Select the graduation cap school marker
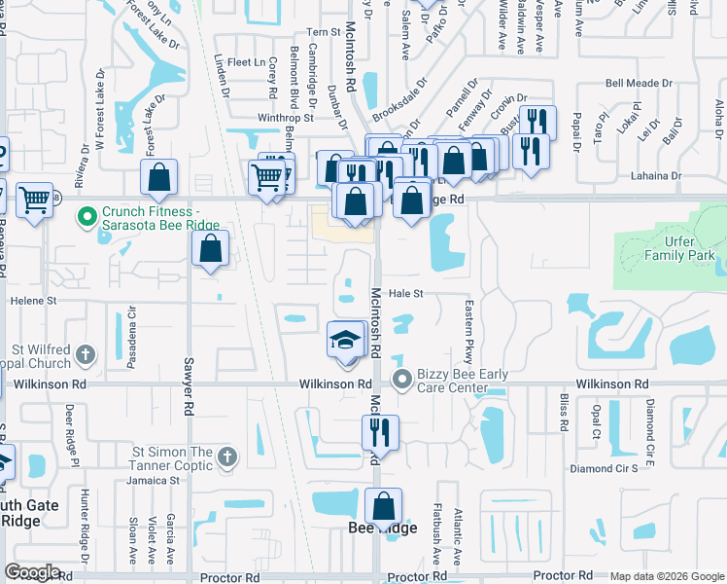(x=344, y=341)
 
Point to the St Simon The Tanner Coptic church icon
(x=226, y=456)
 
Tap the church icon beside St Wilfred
(x=85, y=354)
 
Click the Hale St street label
(x=407, y=293)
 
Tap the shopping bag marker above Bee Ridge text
(x=384, y=507)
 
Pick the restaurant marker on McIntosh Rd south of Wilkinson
(x=380, y=430)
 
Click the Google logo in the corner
(x=32, y=572)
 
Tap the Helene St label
(x=28, y=302)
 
